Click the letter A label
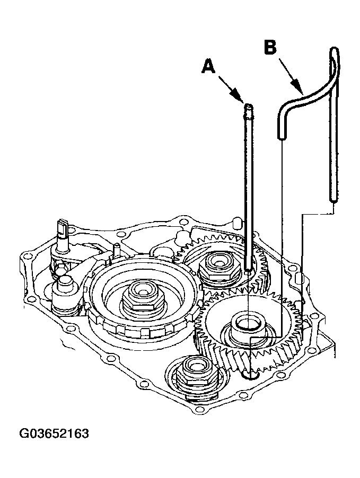(x=208, y=66)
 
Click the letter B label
(x=270, y=48)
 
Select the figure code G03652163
(x=54, y=433)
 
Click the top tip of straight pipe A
(x=249, y=105)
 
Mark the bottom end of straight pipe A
(x=248, y=268)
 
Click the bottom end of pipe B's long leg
(x=333, y=199)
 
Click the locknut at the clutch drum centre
(x=143, y=297)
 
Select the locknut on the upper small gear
(x=218, y=264)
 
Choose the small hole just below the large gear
(x=250, y=375)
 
